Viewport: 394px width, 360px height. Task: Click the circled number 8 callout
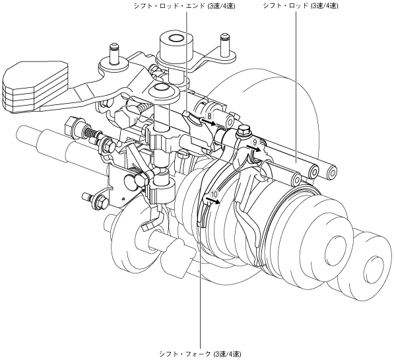210,116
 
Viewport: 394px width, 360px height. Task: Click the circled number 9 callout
255,143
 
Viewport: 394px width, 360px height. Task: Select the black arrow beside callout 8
209,122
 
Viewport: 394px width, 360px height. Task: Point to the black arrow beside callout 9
254,149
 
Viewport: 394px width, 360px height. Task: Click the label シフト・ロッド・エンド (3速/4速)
185,6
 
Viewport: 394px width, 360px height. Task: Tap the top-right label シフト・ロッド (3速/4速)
300,6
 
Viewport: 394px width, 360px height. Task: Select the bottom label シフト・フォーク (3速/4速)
200,354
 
